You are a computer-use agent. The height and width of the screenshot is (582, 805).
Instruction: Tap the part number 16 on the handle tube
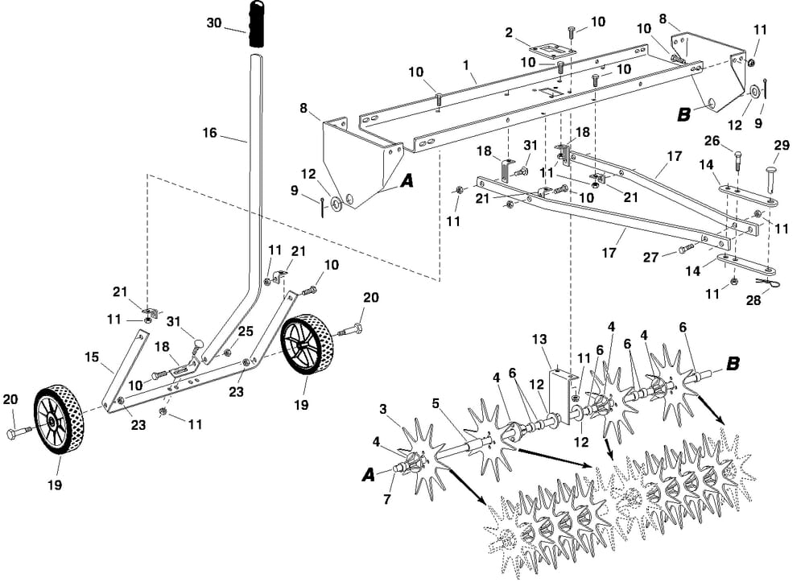coord(209,133)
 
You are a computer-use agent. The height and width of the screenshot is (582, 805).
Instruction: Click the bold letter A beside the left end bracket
coord(407,182)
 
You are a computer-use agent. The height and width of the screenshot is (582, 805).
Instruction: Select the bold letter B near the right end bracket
coord(683,114)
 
